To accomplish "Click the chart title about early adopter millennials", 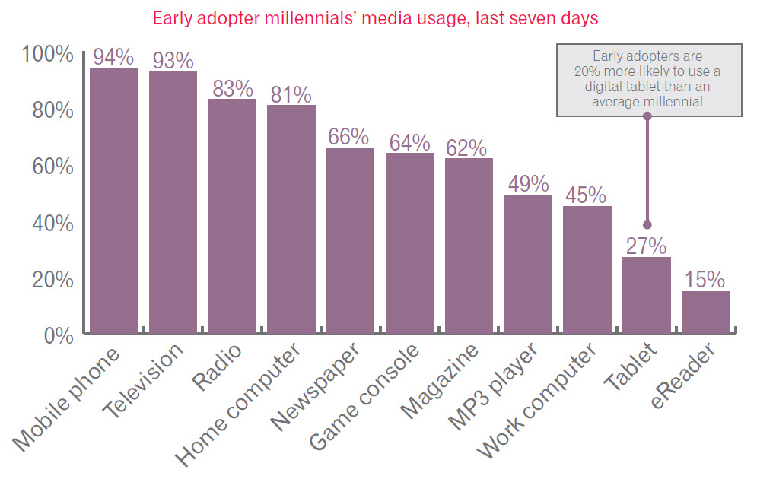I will (x=376, y=17).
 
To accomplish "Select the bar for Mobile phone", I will (x=114, y=201).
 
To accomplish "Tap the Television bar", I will (x=173, y=202).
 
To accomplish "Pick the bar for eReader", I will (x=705, y=312).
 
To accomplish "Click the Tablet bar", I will (x=647, y=295).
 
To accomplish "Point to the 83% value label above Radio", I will (x=232, y=88).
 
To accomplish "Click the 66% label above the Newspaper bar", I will (x=350, y=137).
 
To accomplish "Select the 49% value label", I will (x=528, y=185).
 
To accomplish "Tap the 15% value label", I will (x=705, y=280).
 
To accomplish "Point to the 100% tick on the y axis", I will (x=47, y=55).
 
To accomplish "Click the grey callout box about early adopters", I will (x=648, y=78).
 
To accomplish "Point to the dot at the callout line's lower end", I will (x=647, y=224).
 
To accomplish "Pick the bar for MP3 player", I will (x=528, y=265).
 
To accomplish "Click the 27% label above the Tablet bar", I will (x=647, y=246).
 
